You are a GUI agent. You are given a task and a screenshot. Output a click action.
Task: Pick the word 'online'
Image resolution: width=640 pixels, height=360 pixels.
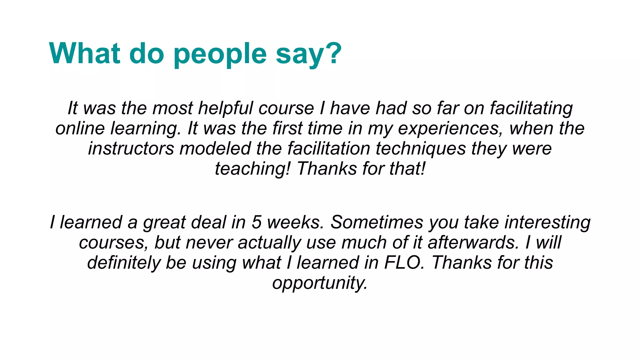click(x=80, y=128)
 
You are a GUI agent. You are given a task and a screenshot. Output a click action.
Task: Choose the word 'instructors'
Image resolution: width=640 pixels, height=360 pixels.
click(x=131, y=148)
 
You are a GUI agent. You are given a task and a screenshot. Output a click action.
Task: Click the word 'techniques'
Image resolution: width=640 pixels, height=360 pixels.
click(x=421, y=148)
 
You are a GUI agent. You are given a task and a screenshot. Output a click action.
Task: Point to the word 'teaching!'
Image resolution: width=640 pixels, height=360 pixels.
click(x=252, y=169)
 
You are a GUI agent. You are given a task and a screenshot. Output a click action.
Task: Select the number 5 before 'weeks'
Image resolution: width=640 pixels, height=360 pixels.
click(x=256, y=222)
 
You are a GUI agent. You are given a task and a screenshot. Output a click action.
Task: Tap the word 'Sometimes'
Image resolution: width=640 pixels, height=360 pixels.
click(x=377, y=222)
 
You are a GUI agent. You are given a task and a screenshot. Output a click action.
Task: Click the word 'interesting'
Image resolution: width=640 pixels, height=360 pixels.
click(x=547, y=222)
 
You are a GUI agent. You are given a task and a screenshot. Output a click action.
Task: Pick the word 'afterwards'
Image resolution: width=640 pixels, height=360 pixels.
click(x=473, y=242)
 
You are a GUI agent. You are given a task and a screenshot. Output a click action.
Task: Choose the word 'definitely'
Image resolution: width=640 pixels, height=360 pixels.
click(x=124, y=262)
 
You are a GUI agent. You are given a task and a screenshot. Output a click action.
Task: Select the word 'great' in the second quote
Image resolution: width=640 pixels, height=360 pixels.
click(x=164, y=222)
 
